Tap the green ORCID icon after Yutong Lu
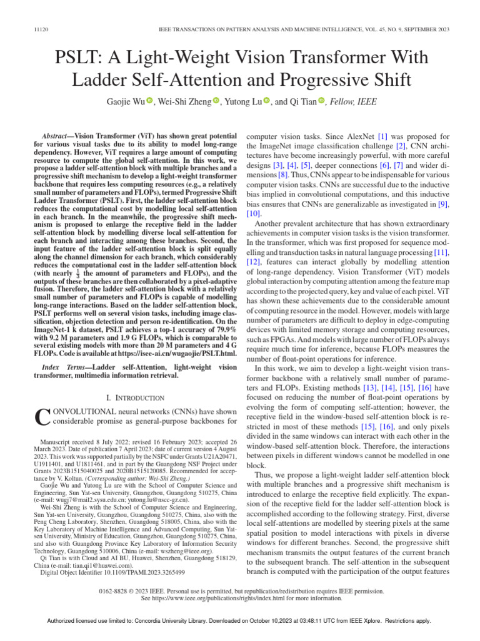click(266, 101)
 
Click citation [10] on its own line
click(254, 214)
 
